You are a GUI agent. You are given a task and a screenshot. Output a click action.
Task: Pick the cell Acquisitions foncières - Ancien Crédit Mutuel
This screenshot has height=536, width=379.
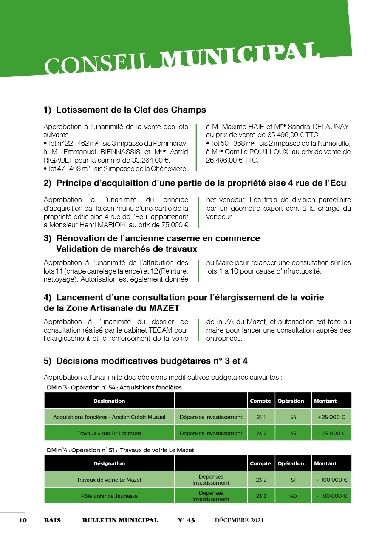pos(109,417)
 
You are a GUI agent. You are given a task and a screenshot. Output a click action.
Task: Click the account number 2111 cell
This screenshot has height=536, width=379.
pos(261,417)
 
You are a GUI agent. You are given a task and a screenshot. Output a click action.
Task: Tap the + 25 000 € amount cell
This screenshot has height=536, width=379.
pos(332,417)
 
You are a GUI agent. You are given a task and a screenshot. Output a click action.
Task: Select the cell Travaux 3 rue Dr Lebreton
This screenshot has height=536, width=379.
pos(109,434)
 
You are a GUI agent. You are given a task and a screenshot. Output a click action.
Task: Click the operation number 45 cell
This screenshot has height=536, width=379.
pos(293,434)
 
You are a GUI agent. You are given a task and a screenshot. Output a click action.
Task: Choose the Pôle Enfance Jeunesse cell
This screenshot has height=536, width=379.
pos(109,496)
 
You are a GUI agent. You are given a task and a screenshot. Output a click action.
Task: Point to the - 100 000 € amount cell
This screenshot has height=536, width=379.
pos(332,496)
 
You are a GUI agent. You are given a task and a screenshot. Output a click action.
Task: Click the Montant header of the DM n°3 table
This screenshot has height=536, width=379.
pos(325,401)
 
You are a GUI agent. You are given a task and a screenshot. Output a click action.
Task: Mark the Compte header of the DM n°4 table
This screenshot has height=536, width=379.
pos(260,463)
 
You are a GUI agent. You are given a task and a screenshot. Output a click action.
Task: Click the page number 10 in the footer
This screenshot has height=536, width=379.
pos(23,520)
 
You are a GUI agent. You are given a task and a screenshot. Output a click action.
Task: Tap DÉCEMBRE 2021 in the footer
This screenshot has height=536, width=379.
pos(239,520)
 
